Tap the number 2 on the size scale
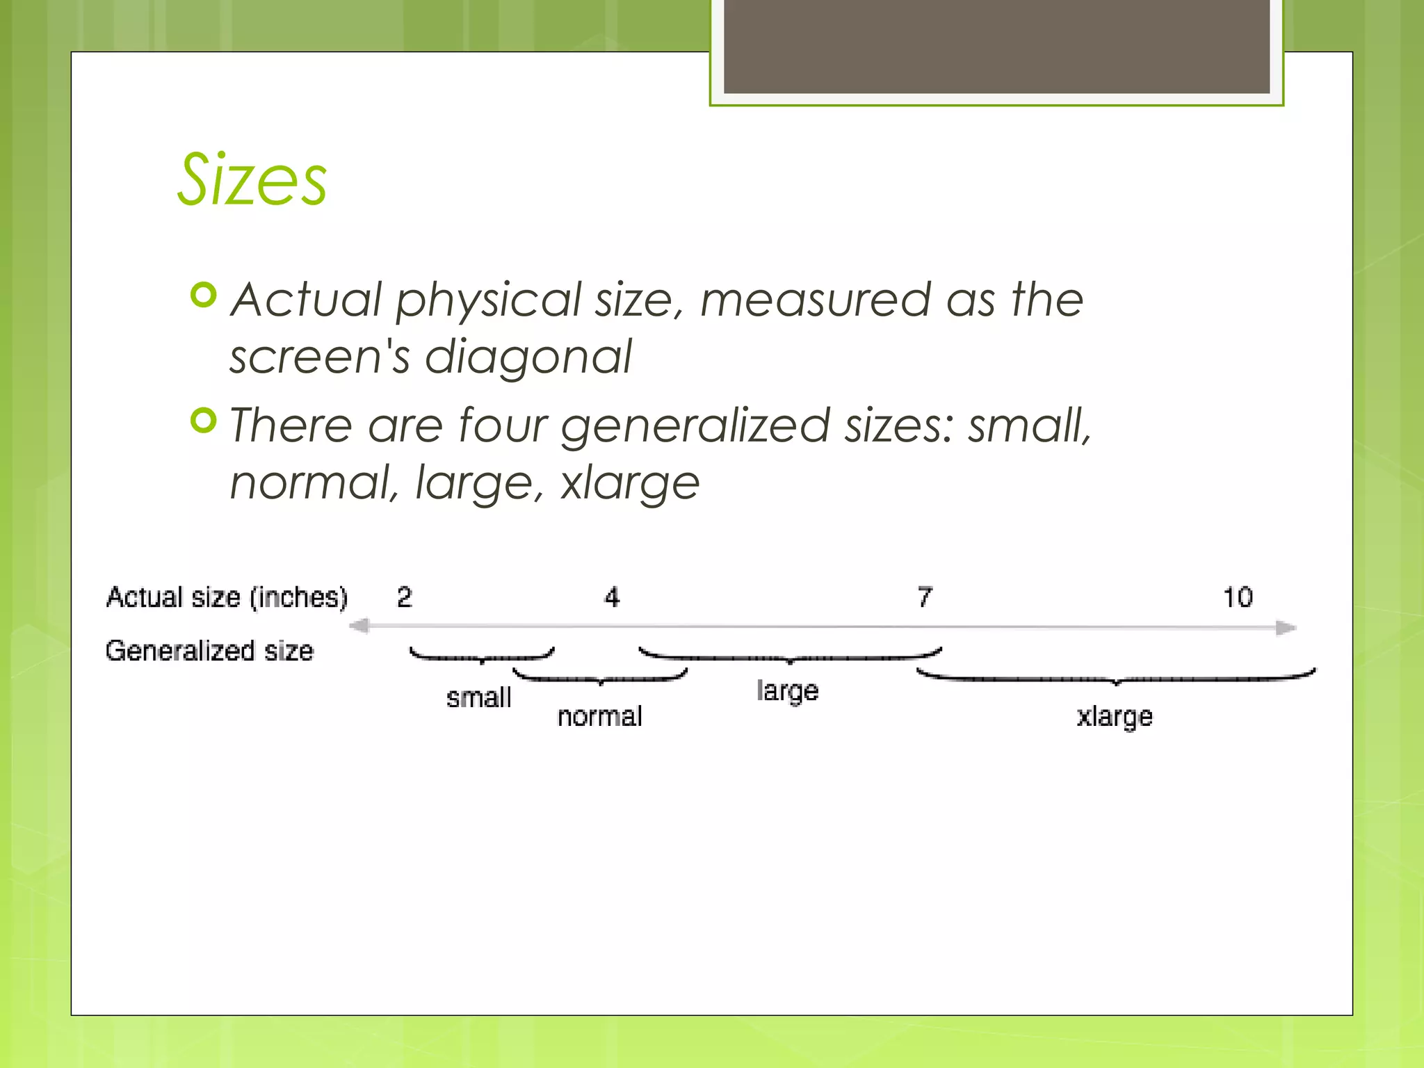pyautogui.click(x=405, y=597)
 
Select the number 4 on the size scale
pyautogui.click(x=612, y=597)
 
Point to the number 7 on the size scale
pyautogui.click(x=925, y=597)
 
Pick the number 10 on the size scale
pyautogui.click(x=1238, y=597)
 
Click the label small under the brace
pyautogui.click(x=478, y=697)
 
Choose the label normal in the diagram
pyautogui.click(x=599, y=716)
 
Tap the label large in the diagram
pyautogui.click(x=787, y=691)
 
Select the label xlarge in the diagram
pyautogui.click(x=1115, y=717)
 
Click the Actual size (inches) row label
pyautogui.click(x=227, y=597)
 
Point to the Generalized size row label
pyautogui.click(x=209, y=651)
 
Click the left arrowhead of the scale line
pyautogui.click(x=359, y=626)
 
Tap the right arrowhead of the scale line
pyautogui.click(x=1286, y=628)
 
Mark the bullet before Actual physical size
pyautogui.click(x=204, y=296)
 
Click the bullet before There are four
pyautogui.click(x=204, y=421)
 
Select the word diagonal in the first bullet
pyautogui.click(x=528, y=357)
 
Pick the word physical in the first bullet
pyautogui.click(x=488, y=300)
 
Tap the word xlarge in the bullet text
pyautogui.click(x=629, y=483)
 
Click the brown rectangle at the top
pyautogui.click(x=996, y=46)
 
